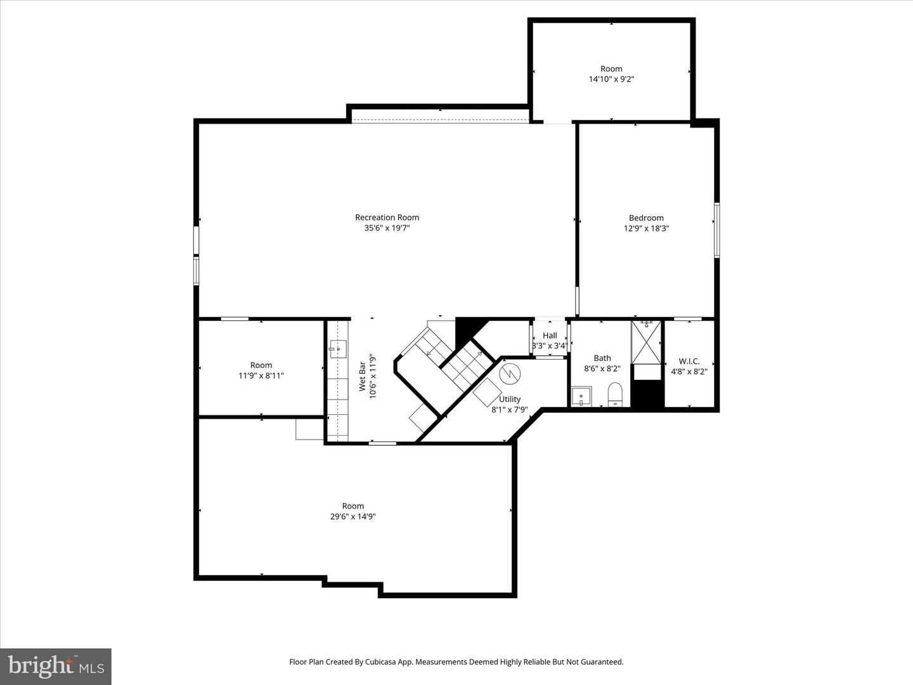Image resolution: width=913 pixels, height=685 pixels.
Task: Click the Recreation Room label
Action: [x=387, y=218]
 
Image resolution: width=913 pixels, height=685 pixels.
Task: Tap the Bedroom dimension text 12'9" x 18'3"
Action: [x=646, y=228]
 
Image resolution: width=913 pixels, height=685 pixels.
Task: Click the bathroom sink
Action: [x=581, y=396]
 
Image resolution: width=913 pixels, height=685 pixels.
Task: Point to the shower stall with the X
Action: [x=646, y=342]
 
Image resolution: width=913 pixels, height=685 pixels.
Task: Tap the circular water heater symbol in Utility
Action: [x=509, y=373]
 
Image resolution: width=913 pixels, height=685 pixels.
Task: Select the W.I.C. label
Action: [x=689, y=361]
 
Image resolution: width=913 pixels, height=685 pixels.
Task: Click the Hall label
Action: [x=550, y=336]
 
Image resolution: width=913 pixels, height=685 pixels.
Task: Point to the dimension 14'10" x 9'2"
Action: [x=611, y=79]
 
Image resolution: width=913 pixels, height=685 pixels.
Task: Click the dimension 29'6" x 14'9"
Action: [x=353, y=516]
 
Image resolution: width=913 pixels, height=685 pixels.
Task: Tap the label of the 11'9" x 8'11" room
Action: [x=261, y=365]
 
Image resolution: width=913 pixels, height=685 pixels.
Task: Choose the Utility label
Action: [x=509, y=399]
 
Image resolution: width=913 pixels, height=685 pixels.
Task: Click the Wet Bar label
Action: [x=362, y=376]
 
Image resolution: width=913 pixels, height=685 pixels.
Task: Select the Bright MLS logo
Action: [x=56, y=666]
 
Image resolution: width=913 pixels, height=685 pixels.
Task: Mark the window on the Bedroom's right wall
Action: [x=717, y=230]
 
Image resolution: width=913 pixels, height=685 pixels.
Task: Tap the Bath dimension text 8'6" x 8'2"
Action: [x=602, y=369]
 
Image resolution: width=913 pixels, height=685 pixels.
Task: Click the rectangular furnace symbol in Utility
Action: [x=486, y=393]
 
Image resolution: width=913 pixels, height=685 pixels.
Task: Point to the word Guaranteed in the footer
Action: [x=600, y=662]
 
